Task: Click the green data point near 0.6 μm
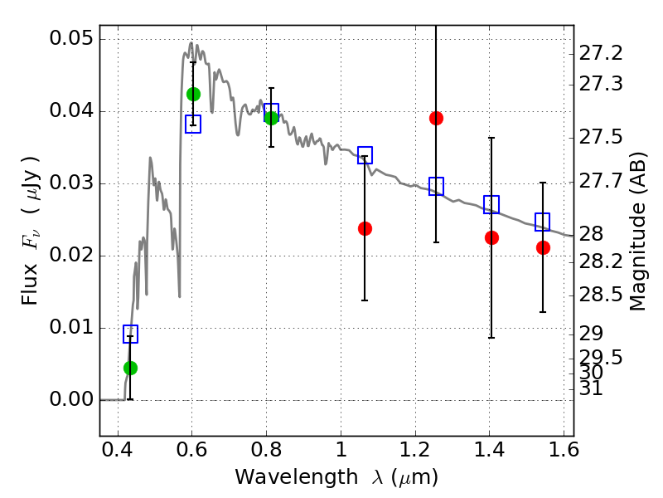tap(193, 94)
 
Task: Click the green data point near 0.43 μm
tap(130, 368)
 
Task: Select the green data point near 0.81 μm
tap(271, 118)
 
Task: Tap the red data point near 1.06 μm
tap(365, 228)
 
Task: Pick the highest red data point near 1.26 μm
tap(436, 118)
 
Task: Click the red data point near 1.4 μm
tap(491, 237)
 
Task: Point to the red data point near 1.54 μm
tap(543, 247)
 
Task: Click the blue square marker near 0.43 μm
tap(130, 334)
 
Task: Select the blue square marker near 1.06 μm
tap(365, 155)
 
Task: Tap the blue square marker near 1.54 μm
tap(543, 222)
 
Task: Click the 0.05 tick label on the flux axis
tap(72, 40)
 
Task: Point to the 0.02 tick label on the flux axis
tap(72, 256)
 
